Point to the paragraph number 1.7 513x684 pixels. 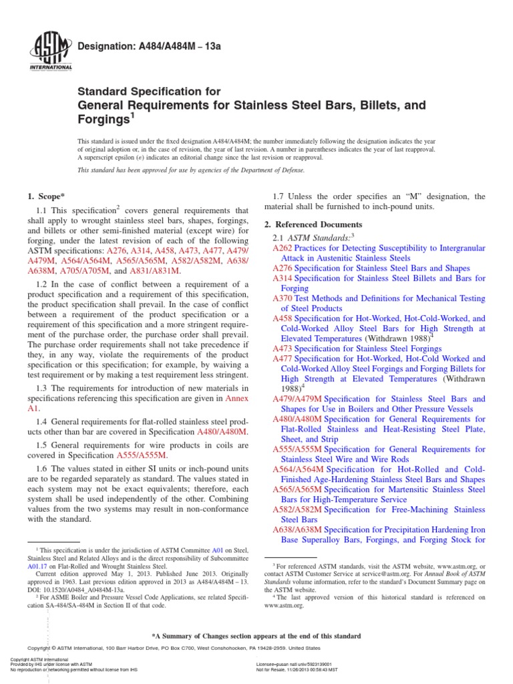click(281, 196)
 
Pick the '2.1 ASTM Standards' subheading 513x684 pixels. click(311, 237)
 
